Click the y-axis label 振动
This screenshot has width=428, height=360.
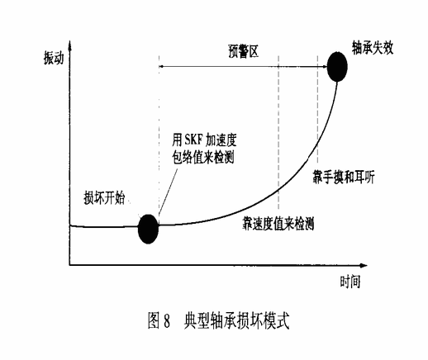pos(54,58)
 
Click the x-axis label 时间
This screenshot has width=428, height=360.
pos(350,282)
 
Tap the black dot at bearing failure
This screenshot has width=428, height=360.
pos(337,67)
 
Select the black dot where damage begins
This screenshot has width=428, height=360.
pos(149,229)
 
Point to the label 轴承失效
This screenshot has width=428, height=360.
pos(373,48)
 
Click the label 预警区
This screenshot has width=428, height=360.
pos(244,51)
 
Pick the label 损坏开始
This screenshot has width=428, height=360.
pos(104,198)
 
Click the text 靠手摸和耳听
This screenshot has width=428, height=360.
pos(344,177)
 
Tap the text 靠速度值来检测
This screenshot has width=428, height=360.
pos(278,223)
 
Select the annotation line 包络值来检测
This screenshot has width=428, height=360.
pos(203,158)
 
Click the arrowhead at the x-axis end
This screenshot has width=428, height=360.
pos(364,265)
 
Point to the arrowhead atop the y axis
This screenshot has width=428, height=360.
pos(70,44)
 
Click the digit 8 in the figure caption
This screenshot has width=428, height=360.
pos(167,320)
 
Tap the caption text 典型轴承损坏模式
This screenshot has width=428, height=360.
pos(236,320)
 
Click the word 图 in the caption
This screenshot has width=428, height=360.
pos(154,320)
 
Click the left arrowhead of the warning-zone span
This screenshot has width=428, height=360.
pos(161,66)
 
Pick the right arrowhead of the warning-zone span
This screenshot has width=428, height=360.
pos(325,66)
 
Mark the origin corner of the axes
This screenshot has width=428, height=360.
pos(69,265)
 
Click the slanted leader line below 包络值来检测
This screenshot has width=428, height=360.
pos(168,192)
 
